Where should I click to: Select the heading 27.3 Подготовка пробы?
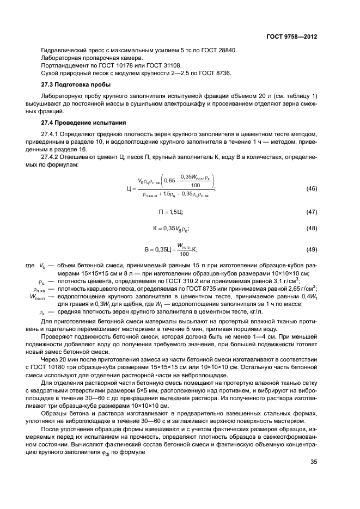pyautogui.click(x=76, y=85)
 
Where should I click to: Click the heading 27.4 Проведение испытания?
pyautogui.click(x=83, y=122)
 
